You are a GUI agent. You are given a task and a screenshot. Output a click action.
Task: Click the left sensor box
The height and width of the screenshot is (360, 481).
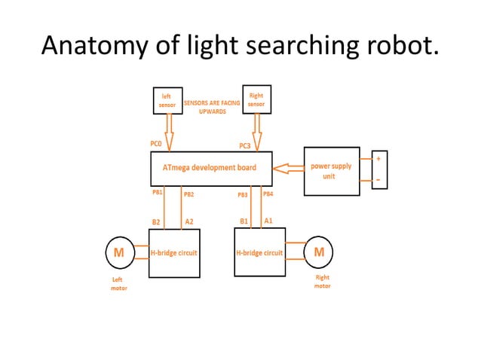(x=167, y=101)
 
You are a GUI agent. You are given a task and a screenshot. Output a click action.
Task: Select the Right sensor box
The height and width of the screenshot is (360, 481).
(x=256, y=100)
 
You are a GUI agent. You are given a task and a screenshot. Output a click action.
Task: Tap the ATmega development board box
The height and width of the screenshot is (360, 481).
(x=211, y=168)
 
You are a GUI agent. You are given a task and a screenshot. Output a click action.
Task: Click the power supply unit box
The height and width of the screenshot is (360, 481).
(x=331, y=171)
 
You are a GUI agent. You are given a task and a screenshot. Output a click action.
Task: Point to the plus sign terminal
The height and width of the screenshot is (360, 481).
(x=378, y=160)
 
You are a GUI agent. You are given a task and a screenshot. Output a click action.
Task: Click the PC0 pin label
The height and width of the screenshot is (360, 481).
(x=158, y=143)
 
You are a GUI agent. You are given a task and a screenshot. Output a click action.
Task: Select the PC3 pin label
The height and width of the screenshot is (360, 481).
(x=245, y=145)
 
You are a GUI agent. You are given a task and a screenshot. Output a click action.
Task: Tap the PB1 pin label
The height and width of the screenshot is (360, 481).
(x=158, y=193)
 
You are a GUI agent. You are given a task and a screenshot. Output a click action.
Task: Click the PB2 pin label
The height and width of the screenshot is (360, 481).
(x=189, y=194)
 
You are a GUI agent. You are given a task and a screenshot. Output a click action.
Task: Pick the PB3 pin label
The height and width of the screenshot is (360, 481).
(x=243, y=194)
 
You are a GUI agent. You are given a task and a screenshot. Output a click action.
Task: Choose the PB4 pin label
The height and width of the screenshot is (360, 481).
(x=268, y=194)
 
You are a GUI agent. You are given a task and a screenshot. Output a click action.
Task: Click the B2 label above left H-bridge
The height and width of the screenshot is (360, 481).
(x=156, y=222)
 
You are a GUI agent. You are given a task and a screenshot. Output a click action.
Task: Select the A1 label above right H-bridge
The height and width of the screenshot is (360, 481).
(x=268, y=221)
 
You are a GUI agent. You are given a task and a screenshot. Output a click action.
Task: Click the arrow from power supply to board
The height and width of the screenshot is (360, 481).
(x=287, y=168)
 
